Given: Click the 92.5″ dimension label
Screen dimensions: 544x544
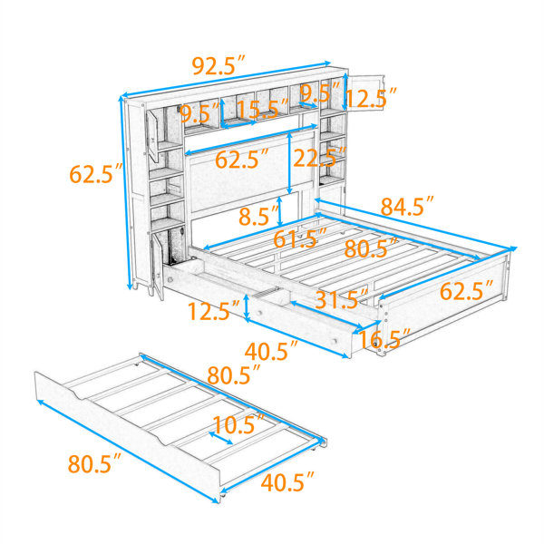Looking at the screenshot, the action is pyautogui.click(x=219, y=65).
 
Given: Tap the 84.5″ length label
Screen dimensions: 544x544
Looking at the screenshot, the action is pyautogui.click(x=407, y=207).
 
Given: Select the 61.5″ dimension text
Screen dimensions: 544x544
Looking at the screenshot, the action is pyautogui.click(x=300, y=238).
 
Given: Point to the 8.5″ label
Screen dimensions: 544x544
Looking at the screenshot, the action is pyautogui.click(x=258, y=216).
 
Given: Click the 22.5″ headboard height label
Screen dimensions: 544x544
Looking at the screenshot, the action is pyautogui.click(x=319, y=158).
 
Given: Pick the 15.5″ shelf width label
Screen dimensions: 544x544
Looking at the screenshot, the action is pyautogui.click(x=263, y=110).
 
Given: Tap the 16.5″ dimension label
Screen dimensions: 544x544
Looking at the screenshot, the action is pyautogui.click(x=384, y=338).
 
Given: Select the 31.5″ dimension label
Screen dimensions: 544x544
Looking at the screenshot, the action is pyautogui.click(x=342, y=299).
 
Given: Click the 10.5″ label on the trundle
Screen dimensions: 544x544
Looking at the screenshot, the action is pyautogui.click(x=238, y=424).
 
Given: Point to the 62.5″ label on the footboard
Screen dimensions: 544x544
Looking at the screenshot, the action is pyautogui.click(x=466, y=291).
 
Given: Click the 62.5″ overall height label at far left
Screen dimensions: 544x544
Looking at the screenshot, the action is pyautogui.click(x=96, y=173).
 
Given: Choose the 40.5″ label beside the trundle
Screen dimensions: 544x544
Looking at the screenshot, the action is pyautogui.click(x=287, y=482).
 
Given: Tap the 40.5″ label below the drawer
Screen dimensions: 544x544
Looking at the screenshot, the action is pyautogui.click(x=271, y=351).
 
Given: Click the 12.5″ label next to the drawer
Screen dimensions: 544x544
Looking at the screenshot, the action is pyautogui.click(x=214, y=311).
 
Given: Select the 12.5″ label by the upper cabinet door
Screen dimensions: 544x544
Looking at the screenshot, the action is pyautogui.click(x=371, y=98).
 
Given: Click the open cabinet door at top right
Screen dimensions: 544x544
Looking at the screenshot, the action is pyautogui.click(x=366, y=92).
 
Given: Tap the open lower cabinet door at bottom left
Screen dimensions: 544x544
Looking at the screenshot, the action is pyautogui.click(x=158, y=267).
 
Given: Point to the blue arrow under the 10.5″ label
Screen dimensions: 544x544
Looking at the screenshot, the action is pyautogui.click(x=220, y=438).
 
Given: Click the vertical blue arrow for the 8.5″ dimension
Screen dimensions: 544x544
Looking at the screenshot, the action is pyautogui.click(x=280, y=211).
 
